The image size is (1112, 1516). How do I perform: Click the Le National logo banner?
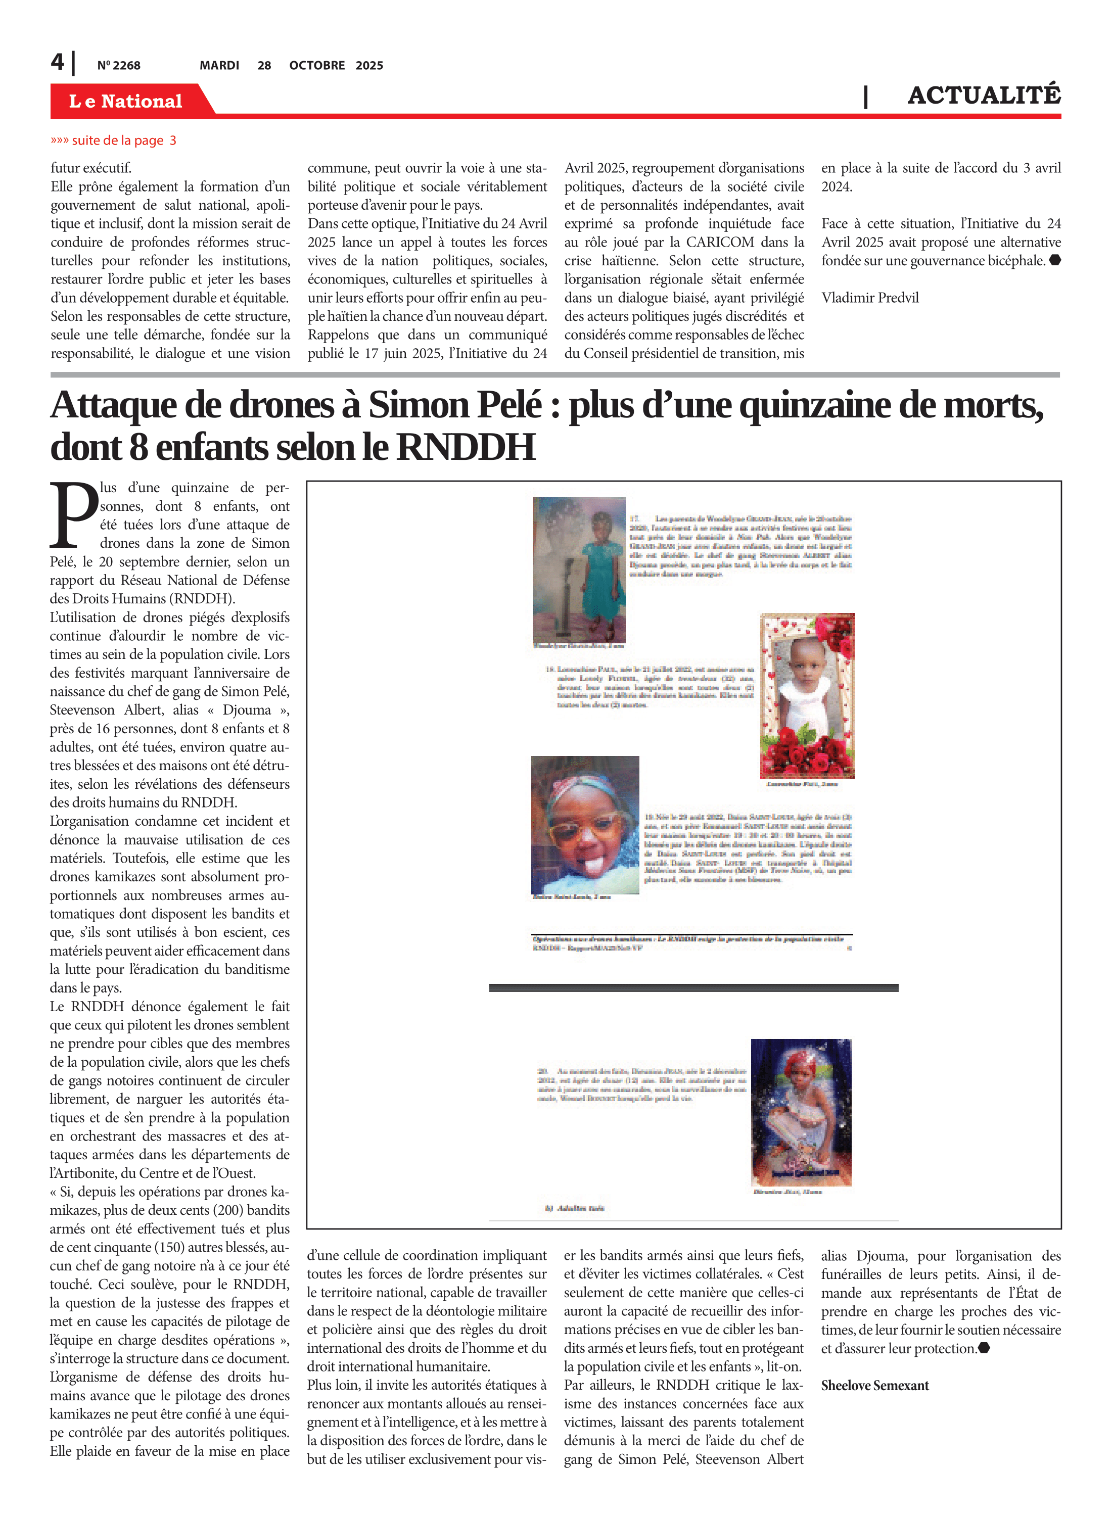pyautogui.click(x=126, y=101)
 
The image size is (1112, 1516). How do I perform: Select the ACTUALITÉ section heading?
pyautogui.click(x=984, y=95)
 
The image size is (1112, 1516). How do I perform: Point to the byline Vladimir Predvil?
pyautogui.click(x=870, y=298)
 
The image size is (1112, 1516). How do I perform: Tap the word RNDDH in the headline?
pyautogui.click(x=466, y=447)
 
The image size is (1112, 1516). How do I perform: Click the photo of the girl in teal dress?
pyautogui.click(x=579, y=570)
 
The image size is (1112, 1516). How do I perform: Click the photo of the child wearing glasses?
pyautogui.click(x=584, y=824)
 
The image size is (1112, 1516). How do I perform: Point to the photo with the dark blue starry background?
pyautogui.click(x=801, y=1112)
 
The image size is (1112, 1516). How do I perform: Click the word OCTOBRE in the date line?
pyautogui.click(x=317, y=65)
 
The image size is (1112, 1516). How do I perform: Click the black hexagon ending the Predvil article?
pyautogui.click(x=1055, y=260)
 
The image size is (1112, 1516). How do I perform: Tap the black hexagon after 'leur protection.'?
pyautogui.click(x=984, y=1348)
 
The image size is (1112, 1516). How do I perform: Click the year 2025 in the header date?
pyautogui.click(x=369, y=65)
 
